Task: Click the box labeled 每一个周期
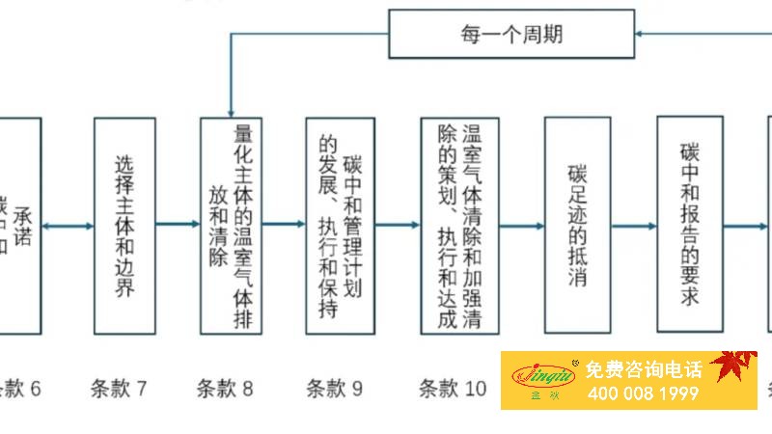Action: click(x=511, y=34)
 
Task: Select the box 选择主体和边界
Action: click(x=124, y=226)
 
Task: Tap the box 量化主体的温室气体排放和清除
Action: click(x=232, y=226)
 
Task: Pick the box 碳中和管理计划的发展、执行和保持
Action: click(x=340, y=226)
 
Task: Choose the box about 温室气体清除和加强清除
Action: click(x=459, y=226)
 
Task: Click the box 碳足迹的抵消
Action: click(x=577, y=226)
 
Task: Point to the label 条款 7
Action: click(x=119, y=389)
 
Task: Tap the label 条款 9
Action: click(x=335, y=389)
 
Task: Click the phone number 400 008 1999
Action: click(x=642, y=394)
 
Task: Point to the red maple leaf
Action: click(x=732, y=366)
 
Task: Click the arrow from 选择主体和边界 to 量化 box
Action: click(x=178, y=226)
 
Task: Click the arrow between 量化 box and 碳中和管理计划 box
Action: click(x=284, y=226)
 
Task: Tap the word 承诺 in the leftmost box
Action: click(x=24, y=224)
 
